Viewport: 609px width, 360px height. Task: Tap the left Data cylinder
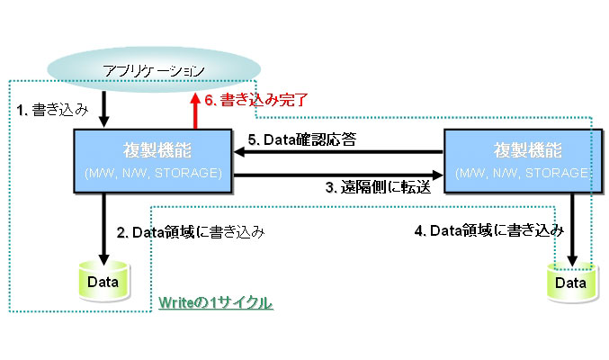(x=103, y=283)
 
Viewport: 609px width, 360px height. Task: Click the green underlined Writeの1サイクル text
(x=215, y=303)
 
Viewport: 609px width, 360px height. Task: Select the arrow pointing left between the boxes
(x=338, y=152)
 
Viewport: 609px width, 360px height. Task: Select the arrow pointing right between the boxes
(x=338, y=174)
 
